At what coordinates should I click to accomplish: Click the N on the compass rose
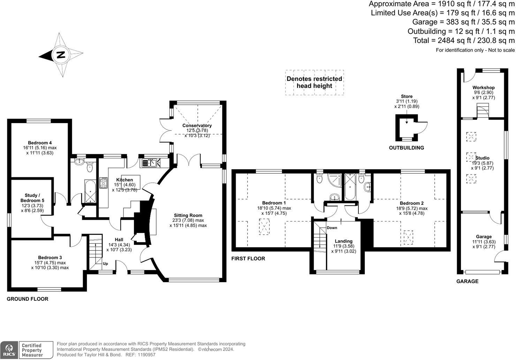click(61, 55)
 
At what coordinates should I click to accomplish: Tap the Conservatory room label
click(197, 125)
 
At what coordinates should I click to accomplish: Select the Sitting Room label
click(188, 215)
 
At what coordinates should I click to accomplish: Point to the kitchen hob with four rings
click(103, 183)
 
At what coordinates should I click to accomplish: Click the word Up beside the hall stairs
click(105, 263)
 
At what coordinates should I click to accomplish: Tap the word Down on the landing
click(332, 228)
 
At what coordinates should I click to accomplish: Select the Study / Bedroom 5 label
click(32, 198)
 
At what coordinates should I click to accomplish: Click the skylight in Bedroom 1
click(264, 227)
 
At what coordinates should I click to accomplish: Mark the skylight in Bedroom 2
click(408, 238)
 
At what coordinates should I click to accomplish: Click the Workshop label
click(484, 88)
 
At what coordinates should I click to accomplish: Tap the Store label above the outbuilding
click(407, 96)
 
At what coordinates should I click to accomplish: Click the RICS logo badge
click(9, 350)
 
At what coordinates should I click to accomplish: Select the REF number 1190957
click(147, 355)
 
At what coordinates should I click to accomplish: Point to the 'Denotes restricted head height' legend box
click(314, 83)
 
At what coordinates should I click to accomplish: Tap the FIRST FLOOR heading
click(248, 258)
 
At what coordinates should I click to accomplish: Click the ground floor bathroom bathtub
click(90, 191)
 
